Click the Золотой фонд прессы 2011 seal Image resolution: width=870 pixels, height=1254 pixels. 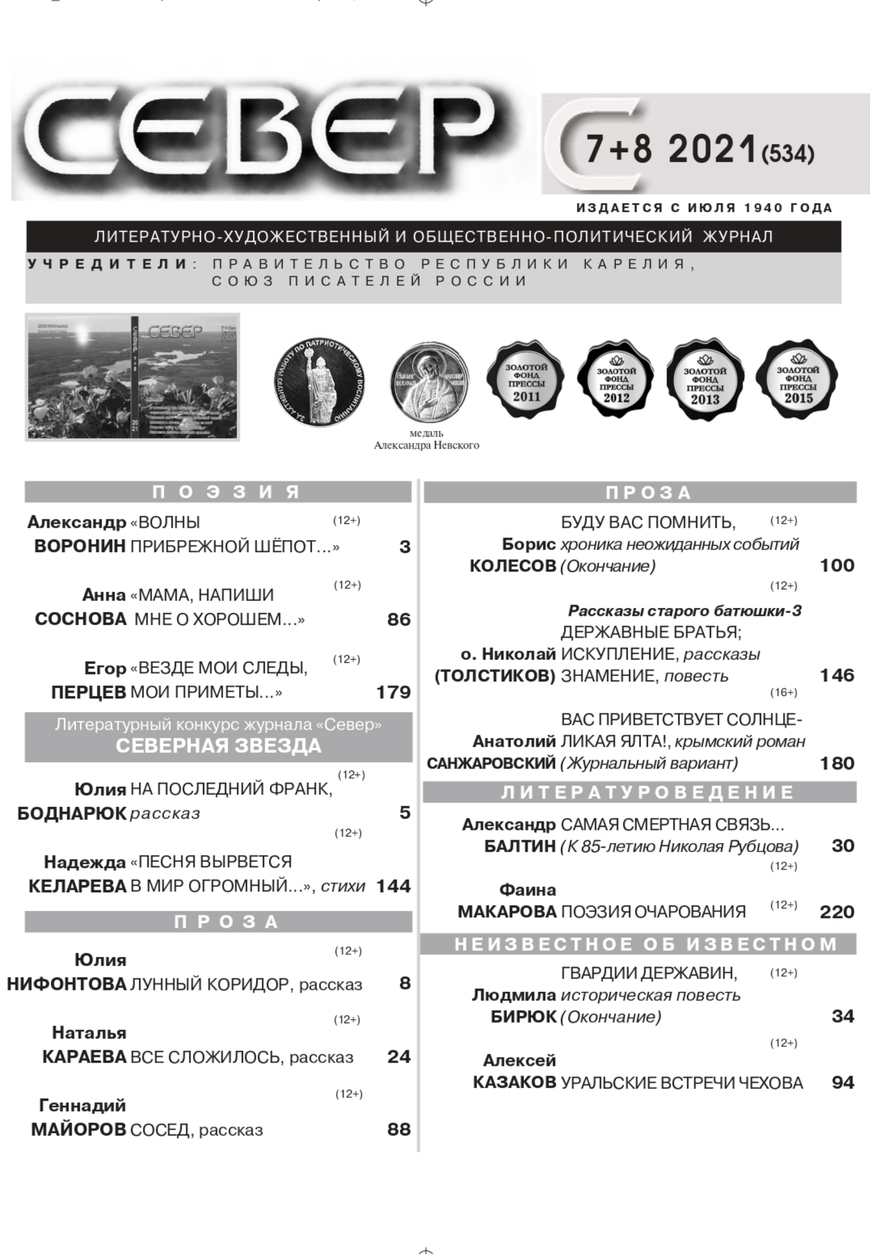pos(526,380)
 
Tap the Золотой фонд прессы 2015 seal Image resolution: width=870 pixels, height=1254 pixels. pos(798,380)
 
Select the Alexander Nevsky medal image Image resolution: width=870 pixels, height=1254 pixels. pos(429,382)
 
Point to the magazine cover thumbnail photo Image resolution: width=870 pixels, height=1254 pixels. pos(133,377)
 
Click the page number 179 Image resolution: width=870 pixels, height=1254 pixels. pos(393,693)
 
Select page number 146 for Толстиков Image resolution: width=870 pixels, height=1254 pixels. pos(837,676)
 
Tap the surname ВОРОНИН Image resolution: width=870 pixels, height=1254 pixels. pos(80,547)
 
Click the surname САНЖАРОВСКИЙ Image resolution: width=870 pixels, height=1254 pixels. pos(490,764)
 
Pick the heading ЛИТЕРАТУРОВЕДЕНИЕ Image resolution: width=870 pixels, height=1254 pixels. pos(648,792)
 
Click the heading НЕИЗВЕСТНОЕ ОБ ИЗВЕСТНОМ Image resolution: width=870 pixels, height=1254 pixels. pos(645,944)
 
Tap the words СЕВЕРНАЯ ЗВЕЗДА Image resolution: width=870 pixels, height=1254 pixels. pos(218,746)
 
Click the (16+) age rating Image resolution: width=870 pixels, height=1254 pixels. pos(784,693)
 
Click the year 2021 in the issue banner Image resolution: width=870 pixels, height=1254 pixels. pos(713,149)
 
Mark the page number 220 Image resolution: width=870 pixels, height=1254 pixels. pos(837,912)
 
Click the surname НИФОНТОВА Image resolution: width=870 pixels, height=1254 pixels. pos(66,984)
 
